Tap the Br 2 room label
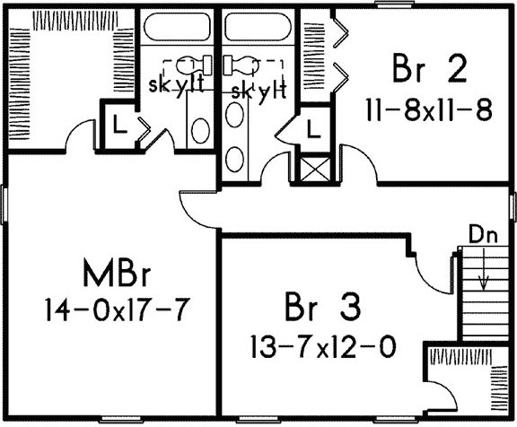point(430,69)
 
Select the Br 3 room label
point(323,307)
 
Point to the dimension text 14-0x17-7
point(118,309)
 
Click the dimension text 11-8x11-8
point(429,110)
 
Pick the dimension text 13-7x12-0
point(323,346)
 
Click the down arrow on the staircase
point(484,270)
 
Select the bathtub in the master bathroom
point(177,27)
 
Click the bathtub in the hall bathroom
point(258,27)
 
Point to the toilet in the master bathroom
point(195,65)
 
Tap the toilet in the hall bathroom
point(241,65)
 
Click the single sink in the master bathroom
point(200,131)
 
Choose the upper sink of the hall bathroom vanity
point(235,114)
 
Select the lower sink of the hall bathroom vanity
point(235,159)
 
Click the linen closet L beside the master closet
point(120,125)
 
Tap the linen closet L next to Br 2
point(313,128)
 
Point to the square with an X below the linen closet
point(315,170)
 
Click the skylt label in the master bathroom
point(176,86)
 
